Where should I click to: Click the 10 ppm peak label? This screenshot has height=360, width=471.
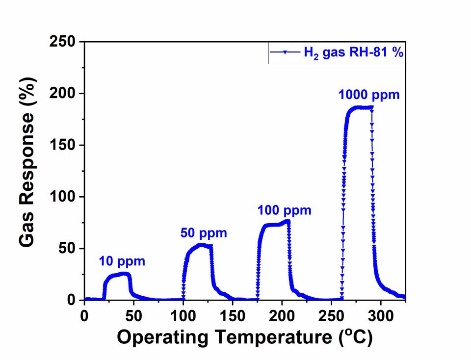122,261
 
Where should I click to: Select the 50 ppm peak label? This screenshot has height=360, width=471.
204,233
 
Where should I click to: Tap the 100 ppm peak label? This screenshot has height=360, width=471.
284,211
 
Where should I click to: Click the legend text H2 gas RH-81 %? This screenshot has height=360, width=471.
353,53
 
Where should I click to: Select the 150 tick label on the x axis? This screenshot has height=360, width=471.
233,314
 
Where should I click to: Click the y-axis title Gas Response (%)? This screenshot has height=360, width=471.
29,171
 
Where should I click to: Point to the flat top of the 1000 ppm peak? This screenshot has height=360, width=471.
361,107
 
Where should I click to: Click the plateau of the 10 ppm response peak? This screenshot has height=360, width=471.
118,275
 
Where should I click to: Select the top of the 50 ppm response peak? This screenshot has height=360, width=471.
202,245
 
